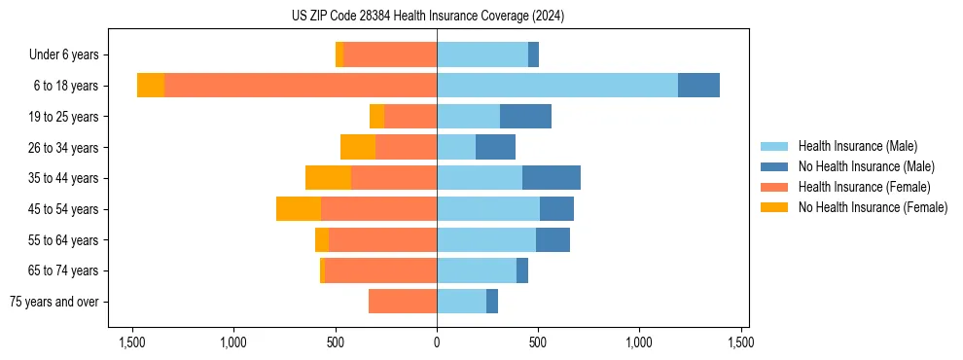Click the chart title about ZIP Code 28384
428,16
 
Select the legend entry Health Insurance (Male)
857,146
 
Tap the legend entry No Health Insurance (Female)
873,207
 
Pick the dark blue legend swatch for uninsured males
776,166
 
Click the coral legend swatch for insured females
776,187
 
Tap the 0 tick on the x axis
437,342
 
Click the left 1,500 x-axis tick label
132,342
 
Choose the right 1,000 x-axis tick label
639,342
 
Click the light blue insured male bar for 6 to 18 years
557,86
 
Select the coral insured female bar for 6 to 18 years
301,86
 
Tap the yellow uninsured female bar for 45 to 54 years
299,209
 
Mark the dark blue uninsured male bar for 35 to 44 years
552,178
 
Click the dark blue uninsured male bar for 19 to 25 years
525,117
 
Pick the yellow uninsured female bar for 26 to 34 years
358,147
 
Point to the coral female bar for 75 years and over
403,302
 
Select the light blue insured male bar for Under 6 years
482,55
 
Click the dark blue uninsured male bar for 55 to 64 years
553,239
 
